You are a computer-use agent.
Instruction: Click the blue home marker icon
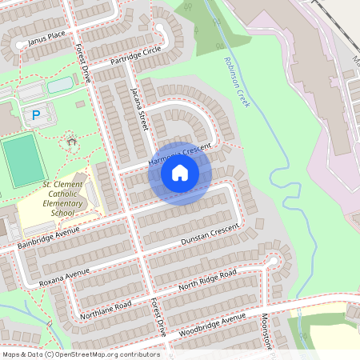180,173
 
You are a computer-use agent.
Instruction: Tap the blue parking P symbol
35,116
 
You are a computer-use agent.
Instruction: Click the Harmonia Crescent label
179,155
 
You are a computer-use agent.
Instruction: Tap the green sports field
22,161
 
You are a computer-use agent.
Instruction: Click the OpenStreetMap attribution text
80,354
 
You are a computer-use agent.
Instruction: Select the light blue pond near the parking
60,86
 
